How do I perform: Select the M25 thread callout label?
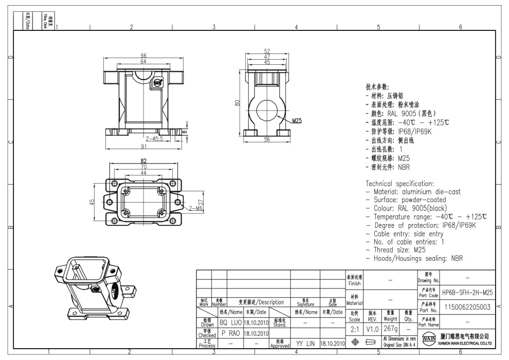point(297,122)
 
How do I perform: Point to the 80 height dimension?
point(237,103)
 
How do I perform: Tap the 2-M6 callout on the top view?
point(195,208)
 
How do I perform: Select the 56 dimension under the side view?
point(267,140)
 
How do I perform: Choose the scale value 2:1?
point(354,328)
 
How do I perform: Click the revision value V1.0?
point(373,328)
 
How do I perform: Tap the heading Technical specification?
point(399,184)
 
